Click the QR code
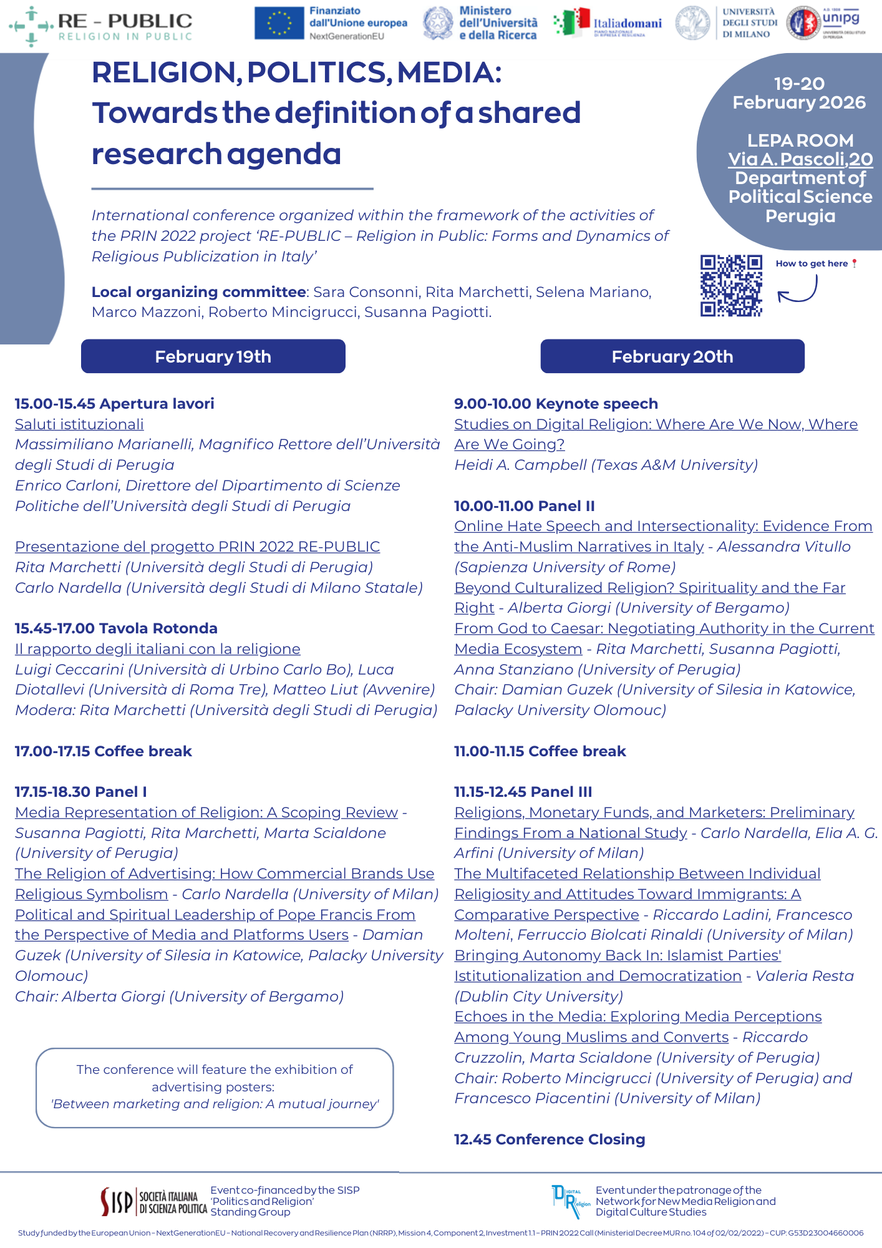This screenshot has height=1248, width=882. (731, 285)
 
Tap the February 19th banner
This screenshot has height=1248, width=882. (213, 356)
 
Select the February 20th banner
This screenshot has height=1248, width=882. (672, 356)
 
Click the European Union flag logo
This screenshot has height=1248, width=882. (279, 23)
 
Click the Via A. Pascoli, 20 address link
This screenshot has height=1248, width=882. (800, 159)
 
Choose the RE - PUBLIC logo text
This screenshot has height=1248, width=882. (125, 22)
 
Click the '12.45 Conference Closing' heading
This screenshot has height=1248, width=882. (549, 1139)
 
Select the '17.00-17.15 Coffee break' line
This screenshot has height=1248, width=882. (103, 751)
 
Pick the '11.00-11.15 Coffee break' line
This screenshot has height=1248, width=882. (540, 751)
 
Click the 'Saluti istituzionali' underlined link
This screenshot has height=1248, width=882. (79, 424)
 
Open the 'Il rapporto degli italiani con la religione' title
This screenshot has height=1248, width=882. (157, 649)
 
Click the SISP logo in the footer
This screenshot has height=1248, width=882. (153, 1201)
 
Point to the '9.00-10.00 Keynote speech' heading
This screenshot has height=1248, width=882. (556, 404)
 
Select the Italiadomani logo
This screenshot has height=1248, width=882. (608, 23)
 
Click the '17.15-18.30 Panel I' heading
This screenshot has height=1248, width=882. (81, 792)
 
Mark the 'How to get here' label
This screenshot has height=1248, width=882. (812, 263)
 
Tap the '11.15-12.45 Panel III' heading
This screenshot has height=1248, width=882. (523, 792)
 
